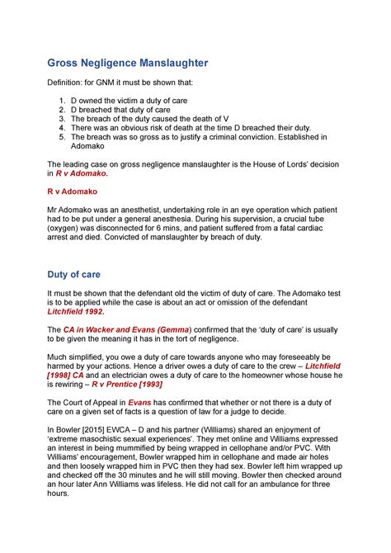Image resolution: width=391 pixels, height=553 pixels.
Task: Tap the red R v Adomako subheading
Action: click(73, 189)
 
